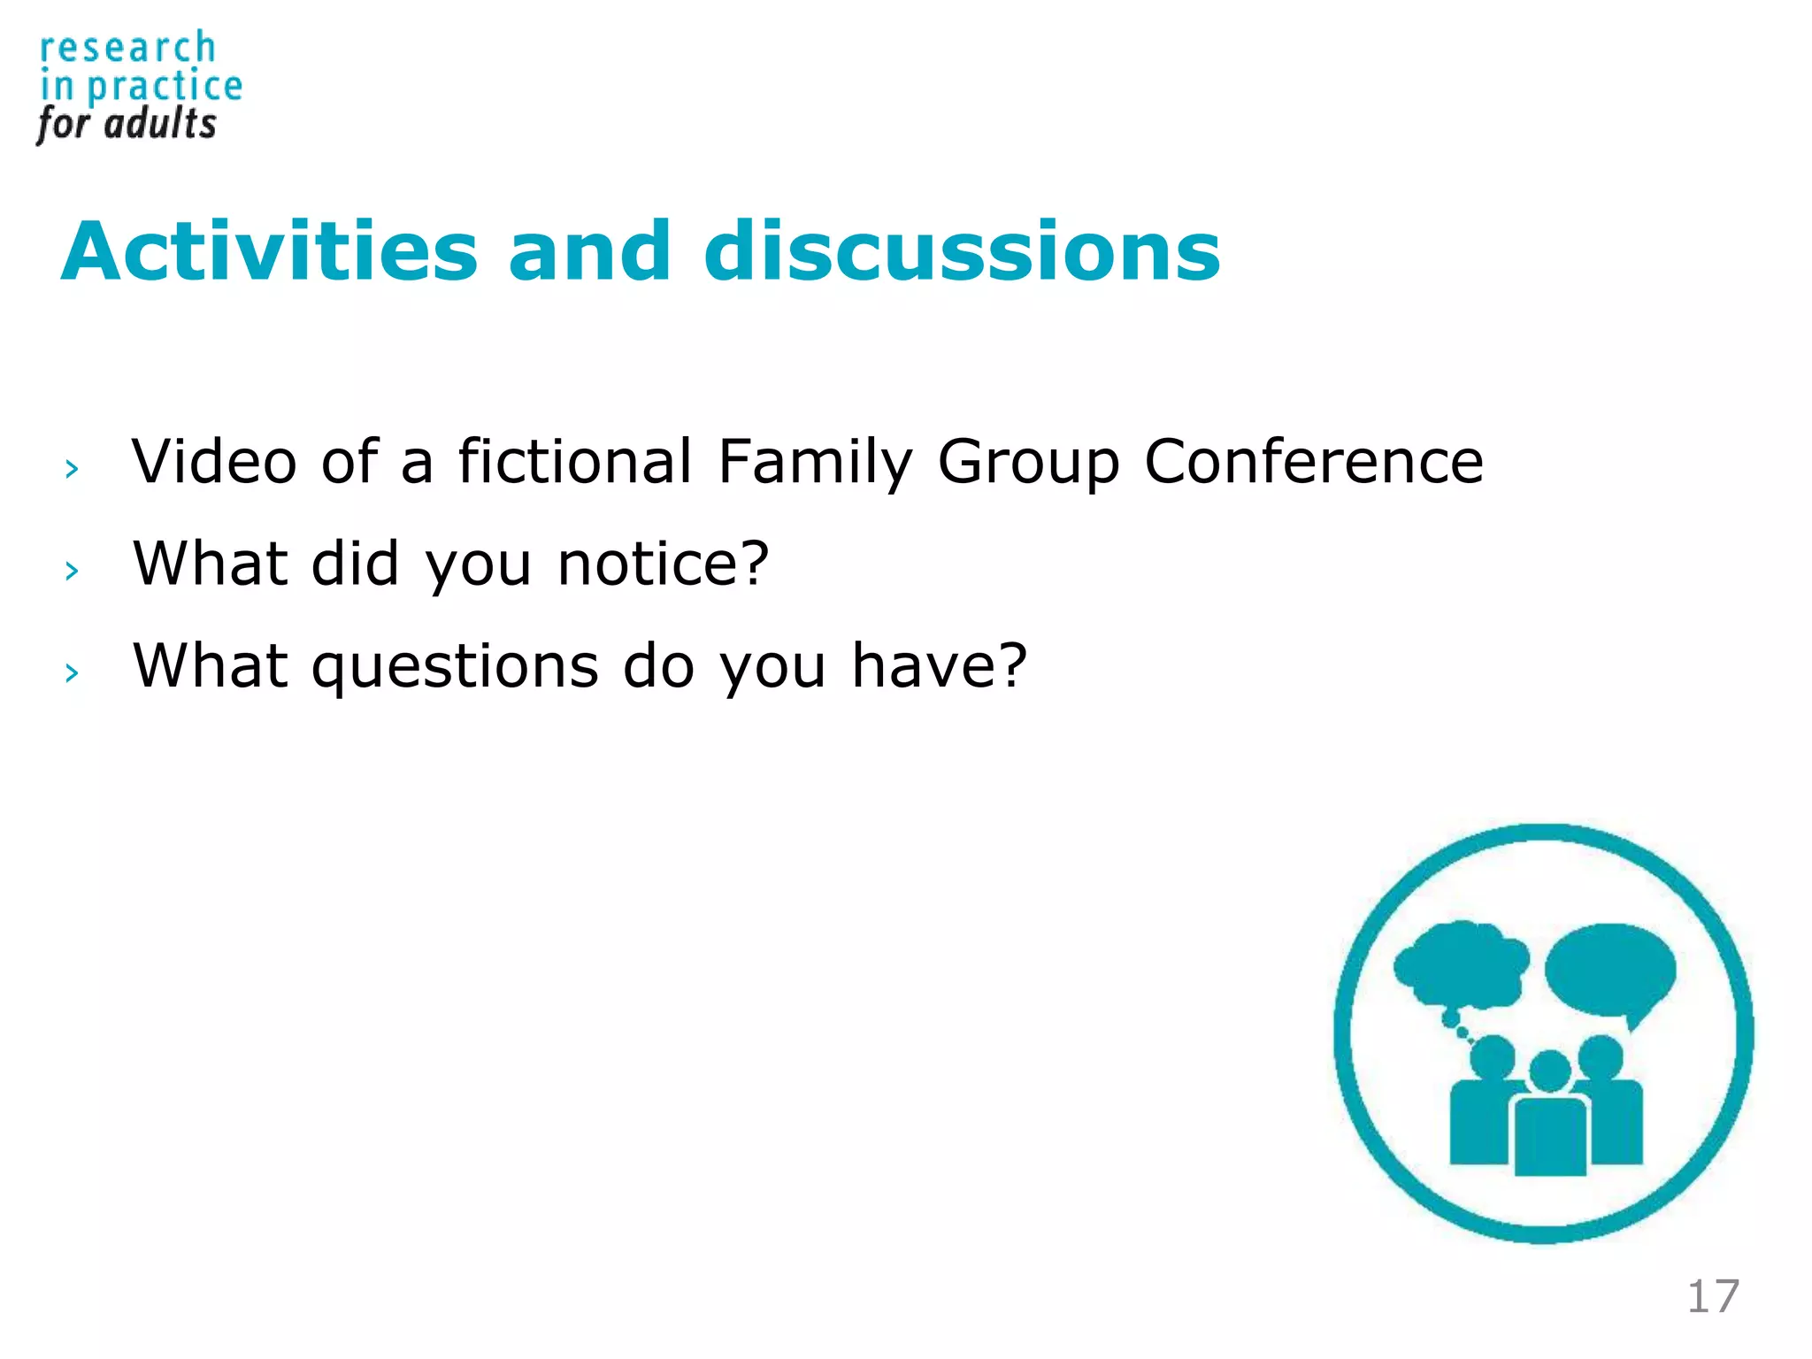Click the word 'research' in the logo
127,49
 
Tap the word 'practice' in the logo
165,88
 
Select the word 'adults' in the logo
160,124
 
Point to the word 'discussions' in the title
962,253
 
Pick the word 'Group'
1028,464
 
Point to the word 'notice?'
664,564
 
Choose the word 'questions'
455,667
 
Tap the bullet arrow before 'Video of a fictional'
72,469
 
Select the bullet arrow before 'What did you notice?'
72,571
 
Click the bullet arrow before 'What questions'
72,673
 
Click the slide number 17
1713,1297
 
